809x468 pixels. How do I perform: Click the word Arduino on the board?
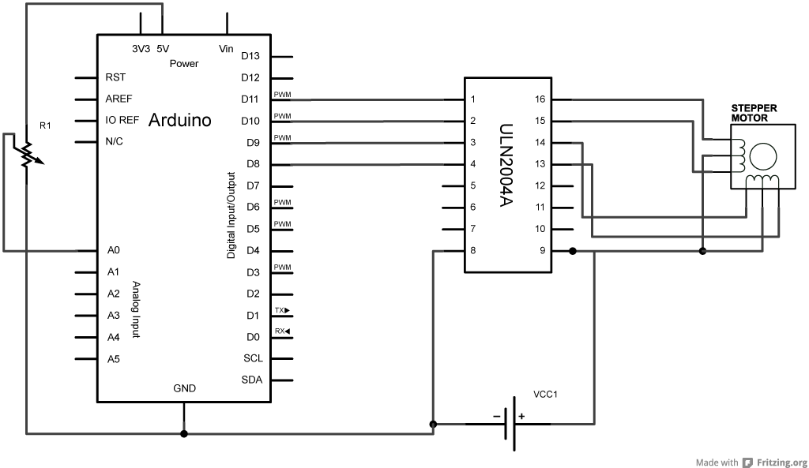click(179, 120)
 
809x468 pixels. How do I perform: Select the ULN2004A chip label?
click(506, 165)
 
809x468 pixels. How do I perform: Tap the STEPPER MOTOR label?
click(754, 113)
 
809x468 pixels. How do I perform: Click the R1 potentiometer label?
click(45, 125)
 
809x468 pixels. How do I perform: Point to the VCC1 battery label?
click(545, 395)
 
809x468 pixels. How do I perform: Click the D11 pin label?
click(250, 99)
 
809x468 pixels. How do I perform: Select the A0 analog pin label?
click(114, 250)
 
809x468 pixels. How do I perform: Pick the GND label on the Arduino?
click(184, 388)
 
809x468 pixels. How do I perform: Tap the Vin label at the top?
click(226, 49)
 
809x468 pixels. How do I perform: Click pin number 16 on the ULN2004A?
click(540, 99)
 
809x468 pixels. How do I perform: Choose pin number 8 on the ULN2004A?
click(472, 250)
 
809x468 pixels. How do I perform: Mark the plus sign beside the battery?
click(521, 416)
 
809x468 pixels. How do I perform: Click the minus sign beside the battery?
click(496, 416)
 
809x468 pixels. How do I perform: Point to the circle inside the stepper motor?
click(763, 157)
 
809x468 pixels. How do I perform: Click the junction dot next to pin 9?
click(572, 251)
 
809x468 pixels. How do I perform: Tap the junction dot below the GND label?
click(183, 433)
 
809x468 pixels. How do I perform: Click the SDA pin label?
click(252, 380)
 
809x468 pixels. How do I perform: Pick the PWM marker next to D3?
click(282, 267)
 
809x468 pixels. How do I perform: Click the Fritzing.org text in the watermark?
click(781, 462)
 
